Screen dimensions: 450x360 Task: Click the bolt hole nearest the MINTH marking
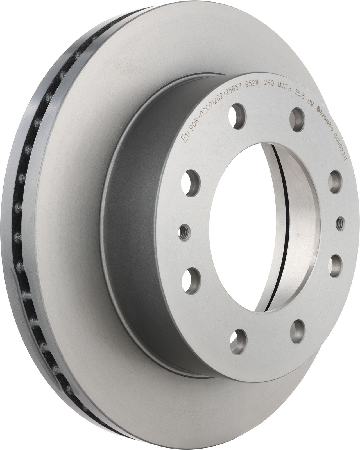tap(296, 115)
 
